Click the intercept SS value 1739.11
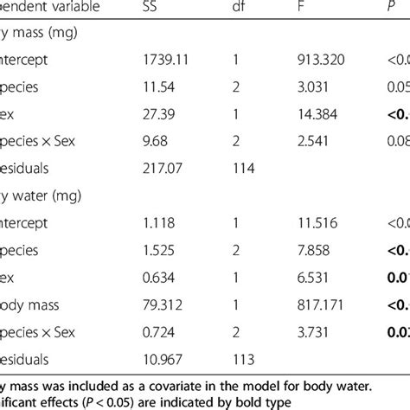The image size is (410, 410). [164, 61]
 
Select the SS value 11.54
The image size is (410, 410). [157, 87]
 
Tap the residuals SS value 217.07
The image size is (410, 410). [161, 169]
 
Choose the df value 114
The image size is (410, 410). [241, 169]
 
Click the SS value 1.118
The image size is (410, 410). [157, 223]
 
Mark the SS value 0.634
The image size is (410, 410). [157, 277]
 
